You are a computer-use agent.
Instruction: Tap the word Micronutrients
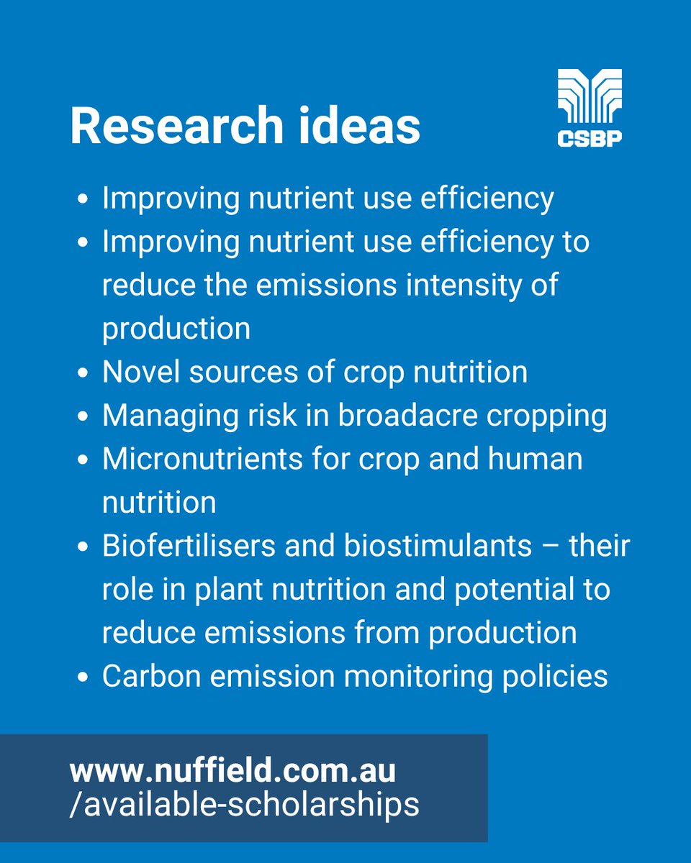click(x=202, y=460)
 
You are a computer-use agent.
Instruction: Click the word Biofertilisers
click(x=182, y=547)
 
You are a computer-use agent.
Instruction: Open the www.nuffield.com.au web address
click(x=232, y=772)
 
